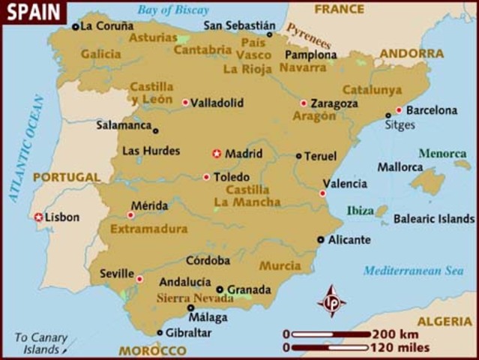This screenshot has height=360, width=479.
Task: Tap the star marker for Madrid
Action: [217, 153]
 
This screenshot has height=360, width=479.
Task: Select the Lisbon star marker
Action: [38, 217]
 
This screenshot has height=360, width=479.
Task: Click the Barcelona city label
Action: [431, 110]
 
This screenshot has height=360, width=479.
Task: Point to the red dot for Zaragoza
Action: [304, 103]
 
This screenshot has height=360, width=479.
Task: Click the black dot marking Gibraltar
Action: [160, 332]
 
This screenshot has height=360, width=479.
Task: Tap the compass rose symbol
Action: [331, 301]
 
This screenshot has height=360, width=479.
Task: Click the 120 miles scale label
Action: [400, 347]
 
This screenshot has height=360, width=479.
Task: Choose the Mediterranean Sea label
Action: [414, 271]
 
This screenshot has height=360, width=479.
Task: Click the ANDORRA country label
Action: [412, 53]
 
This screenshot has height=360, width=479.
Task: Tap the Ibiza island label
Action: [360, 211]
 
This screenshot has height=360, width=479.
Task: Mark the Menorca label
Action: [442, 153]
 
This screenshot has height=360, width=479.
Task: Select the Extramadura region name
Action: [149, 229]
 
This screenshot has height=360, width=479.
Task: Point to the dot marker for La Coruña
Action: [75, 26]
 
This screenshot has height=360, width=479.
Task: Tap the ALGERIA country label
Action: [445, 321]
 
